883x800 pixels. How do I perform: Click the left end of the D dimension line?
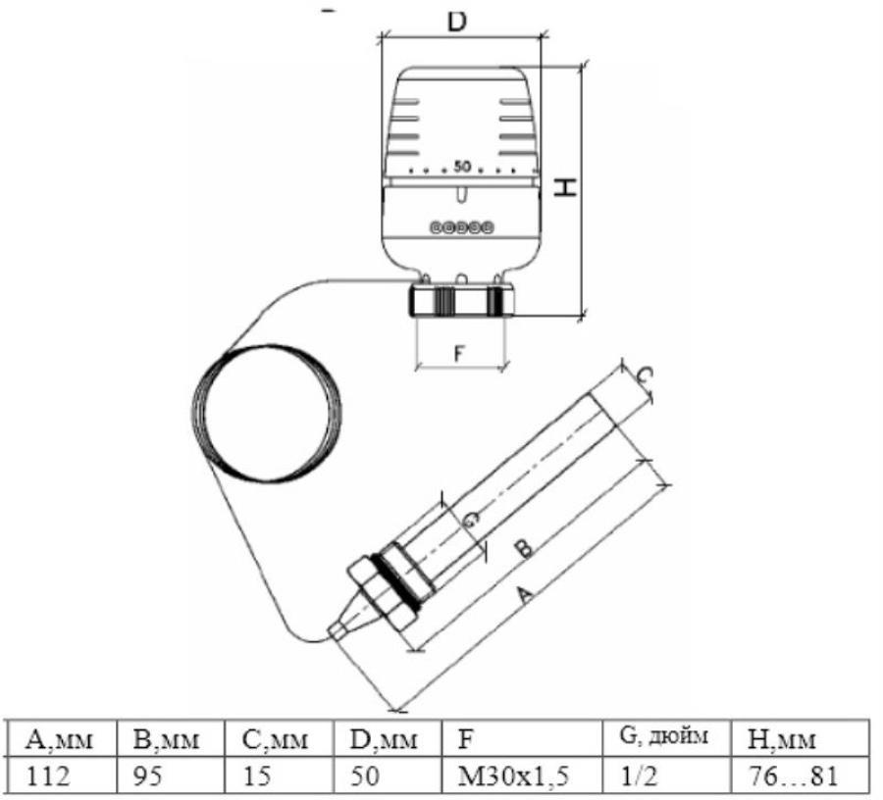coord(382,38)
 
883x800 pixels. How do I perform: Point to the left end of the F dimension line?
coord(416,369)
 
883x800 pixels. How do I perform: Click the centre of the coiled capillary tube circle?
coord(266,413)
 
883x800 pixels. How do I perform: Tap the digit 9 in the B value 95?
coord(140,776)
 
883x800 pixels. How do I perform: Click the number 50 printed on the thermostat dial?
coord(462,167)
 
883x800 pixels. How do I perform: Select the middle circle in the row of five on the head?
coord(462,227)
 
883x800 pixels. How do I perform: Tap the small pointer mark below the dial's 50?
coord(462,194)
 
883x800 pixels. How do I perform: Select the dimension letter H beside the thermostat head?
coord(565,187)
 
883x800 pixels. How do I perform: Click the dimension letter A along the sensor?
coord(524,595)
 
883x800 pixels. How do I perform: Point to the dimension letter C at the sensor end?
coord(646,375)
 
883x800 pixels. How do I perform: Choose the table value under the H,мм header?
coord(793,776)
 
